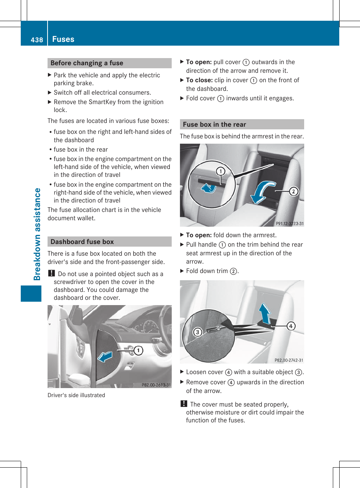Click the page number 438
point(37,40)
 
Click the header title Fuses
point(63,39)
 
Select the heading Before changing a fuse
point(87,63)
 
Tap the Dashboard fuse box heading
point(82,242)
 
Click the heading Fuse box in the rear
point(214,124)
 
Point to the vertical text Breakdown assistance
point(37,234)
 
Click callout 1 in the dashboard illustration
point(138,350)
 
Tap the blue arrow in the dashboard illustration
point(105,356)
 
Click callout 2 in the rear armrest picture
point(294,191)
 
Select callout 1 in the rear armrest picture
point(221,171)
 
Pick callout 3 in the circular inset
point(197,332)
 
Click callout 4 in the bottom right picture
point(291,326)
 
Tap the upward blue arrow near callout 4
point(265,313)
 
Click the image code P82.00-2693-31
point(156,385)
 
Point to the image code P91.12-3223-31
point(289,224)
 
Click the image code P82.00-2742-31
point(289,360)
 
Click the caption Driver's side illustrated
point(76,395)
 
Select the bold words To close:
point(199,80)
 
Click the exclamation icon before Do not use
point(52,273)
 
